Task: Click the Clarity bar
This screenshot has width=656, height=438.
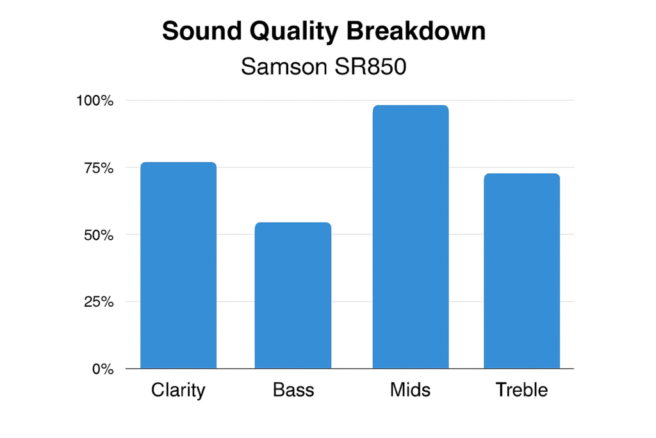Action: [x=178, y=265]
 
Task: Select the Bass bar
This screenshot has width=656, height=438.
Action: [x=293, y=295]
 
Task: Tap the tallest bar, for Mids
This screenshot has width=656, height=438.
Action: [x=411, y=237]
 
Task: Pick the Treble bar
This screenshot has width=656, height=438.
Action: [x=521, y=271]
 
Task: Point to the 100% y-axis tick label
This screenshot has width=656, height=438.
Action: [x=95, y=101]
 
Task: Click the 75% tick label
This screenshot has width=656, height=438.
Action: [x=99, y=168]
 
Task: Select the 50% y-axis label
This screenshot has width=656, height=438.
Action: [x=99, y=235]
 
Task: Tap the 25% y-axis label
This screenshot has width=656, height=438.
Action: [x=99, y=301]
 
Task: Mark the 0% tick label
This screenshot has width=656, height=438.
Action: [x=103, y=369]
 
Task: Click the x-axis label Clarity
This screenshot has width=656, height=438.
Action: [x=178, y=391]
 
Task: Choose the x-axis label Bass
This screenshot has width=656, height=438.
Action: [x=293, y=390]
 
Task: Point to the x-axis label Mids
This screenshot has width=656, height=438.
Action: [x=410, y=390]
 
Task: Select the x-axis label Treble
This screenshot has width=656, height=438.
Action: [x=521, y=390]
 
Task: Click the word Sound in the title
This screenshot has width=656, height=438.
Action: [x=202, y=31]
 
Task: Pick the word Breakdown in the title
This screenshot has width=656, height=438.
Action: [x=416, y=31]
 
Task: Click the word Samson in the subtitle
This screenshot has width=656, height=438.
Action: [x=284, y=66]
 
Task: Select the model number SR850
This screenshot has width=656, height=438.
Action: [x=371, y=66]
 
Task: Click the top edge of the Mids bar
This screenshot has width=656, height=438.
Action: [x=411, y=106]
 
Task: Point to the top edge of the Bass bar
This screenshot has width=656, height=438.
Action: [x=293, y=223]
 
